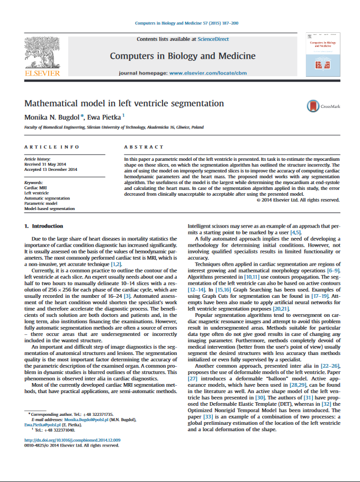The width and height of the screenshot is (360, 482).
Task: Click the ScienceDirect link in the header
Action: click(x=213, y=39)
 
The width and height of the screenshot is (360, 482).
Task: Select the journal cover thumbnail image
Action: click(x=323, y=54)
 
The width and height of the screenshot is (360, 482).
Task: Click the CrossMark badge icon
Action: click(x=312, y=106)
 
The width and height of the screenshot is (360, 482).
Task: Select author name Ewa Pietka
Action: click(x=106, y=116)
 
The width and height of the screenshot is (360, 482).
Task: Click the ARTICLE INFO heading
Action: click(x=52, y=147)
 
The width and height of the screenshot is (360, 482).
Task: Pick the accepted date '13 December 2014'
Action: click(x=60, y=169)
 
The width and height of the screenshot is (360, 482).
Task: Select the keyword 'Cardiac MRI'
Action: click(x=35, y=188)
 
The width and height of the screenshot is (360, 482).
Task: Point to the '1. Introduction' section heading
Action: click(x=44, y=226)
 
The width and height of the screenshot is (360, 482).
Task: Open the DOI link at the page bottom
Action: click(x=73, y=440)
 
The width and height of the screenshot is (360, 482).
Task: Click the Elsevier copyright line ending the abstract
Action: click(x=298, y=200)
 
